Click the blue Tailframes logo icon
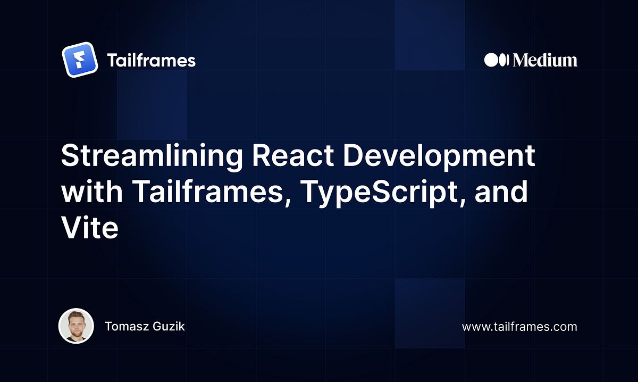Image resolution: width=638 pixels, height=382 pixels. pyautogui.click(x=79, y=60)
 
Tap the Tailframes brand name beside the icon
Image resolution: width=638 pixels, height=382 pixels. pyautogui.click(x=151, y=61)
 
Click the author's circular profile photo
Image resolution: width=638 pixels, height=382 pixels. pyautogui.click(x=76, y=326)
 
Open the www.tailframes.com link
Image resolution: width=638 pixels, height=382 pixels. pyautogui.click(x=519, y=327)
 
